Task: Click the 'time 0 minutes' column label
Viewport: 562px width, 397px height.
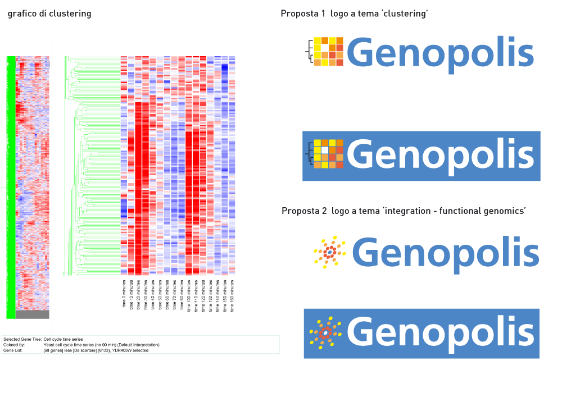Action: tap(124, 293)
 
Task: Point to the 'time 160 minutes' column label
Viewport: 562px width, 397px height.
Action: tap(232, 294)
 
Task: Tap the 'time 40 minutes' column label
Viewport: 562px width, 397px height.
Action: tap(153, 294)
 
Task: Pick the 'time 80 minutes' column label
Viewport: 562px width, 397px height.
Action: tap(182, 294)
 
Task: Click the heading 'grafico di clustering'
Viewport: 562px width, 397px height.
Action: tap(49, 13)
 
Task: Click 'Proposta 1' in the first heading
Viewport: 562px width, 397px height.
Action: tap(303, 13)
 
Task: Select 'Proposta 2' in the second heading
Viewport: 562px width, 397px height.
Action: tap(304, 211)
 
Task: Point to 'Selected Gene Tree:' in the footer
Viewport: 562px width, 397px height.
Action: tap(22, 340)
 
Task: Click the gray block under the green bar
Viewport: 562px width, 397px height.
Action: tap(33, 314)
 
